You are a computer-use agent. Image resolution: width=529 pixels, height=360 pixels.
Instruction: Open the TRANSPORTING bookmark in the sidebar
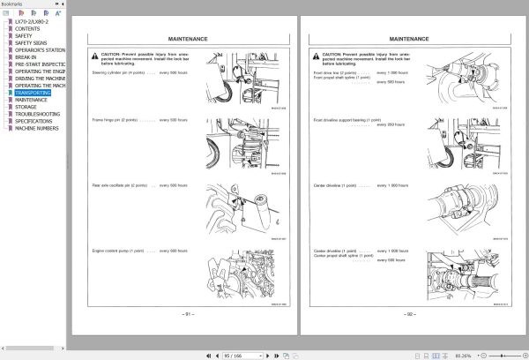point(32,93)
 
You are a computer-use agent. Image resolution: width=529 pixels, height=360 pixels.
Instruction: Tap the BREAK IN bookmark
point(26,57)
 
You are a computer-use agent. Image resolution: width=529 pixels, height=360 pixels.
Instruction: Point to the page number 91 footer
point(188,313)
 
